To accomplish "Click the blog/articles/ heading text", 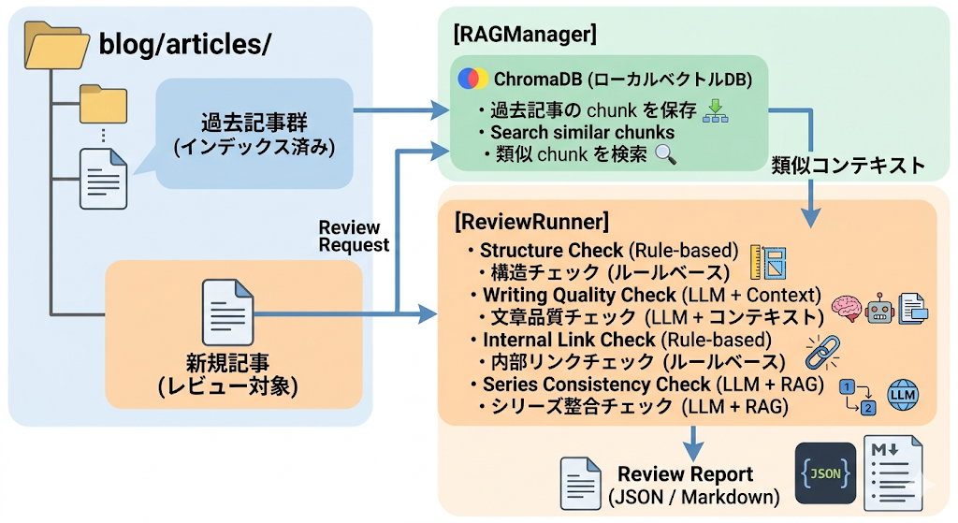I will (184, 44).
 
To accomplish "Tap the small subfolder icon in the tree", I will (103, 105).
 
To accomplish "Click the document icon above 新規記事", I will (227, 315).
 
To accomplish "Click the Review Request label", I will (349, 236).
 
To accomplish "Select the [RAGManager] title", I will (524, 35).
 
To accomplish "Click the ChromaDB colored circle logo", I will (472, 78).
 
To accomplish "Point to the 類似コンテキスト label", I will (848, 166).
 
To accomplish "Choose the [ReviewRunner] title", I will (530, 223).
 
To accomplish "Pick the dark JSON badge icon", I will (824, 473).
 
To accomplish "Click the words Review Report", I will (685, 473).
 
